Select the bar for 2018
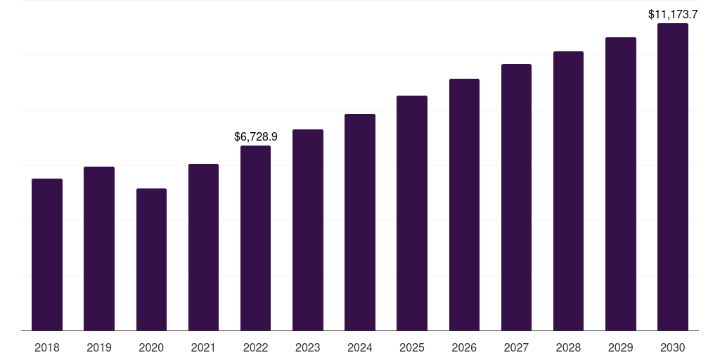point(47,255)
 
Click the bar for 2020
point(151,259)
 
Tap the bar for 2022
point(255,238)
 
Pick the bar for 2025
point(412,213)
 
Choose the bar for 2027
point(516,197)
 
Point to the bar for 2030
point(673,176)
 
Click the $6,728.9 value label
point(256,136)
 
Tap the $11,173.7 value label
point(673,14)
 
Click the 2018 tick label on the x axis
point(47,347)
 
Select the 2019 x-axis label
point(99,347)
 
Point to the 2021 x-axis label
point(203,347)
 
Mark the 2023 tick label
point(308,347)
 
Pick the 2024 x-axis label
point(360,347)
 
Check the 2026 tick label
point(464,347)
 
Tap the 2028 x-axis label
point(568,347)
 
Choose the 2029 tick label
point(621,347)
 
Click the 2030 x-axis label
point(673,347)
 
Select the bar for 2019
point(99,248)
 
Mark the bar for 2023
point(308,230)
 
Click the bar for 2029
point(621,184)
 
